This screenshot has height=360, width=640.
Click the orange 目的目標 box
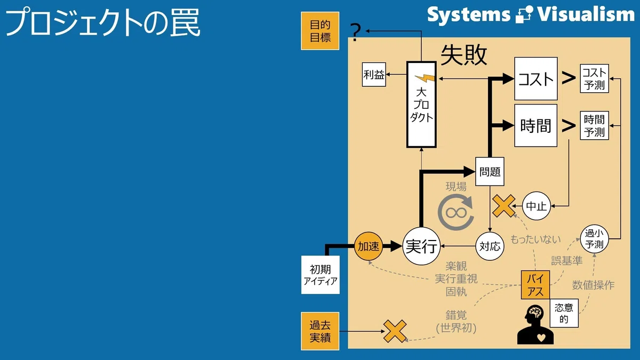320,31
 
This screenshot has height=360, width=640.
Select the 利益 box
374,75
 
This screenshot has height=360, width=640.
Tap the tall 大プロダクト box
421,105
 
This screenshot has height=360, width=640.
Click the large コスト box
535,78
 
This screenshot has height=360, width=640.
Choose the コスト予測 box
594,78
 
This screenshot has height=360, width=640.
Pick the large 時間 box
535,125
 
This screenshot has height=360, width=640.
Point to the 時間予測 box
594,125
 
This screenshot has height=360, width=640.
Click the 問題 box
490,171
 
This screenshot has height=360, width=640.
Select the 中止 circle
537,206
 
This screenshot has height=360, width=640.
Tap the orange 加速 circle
369,246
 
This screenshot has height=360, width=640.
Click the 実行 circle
421,246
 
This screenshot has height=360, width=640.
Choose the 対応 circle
490,246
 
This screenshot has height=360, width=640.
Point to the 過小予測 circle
594,239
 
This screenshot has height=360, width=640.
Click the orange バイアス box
535,285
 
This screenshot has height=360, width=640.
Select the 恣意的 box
564,313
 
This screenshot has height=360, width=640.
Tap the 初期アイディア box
321,275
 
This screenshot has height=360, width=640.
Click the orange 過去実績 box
320,331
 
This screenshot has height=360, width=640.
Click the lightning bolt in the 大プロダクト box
425,78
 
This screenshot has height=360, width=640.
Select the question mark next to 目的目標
355,33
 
